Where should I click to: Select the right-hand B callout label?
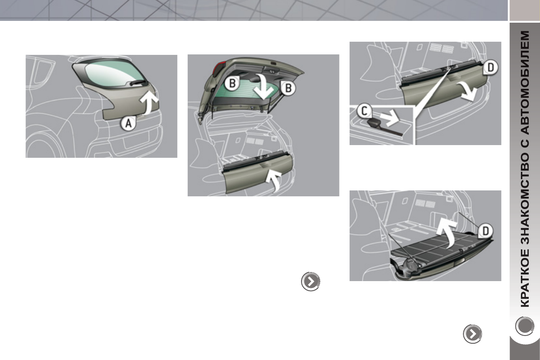(x=287, y=89)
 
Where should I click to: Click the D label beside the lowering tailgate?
(x=490, y=68)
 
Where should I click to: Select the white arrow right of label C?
(x=389, y=119)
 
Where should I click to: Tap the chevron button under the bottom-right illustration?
(x=472, y=334)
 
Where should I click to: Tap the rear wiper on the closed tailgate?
(x=136, y=83)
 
